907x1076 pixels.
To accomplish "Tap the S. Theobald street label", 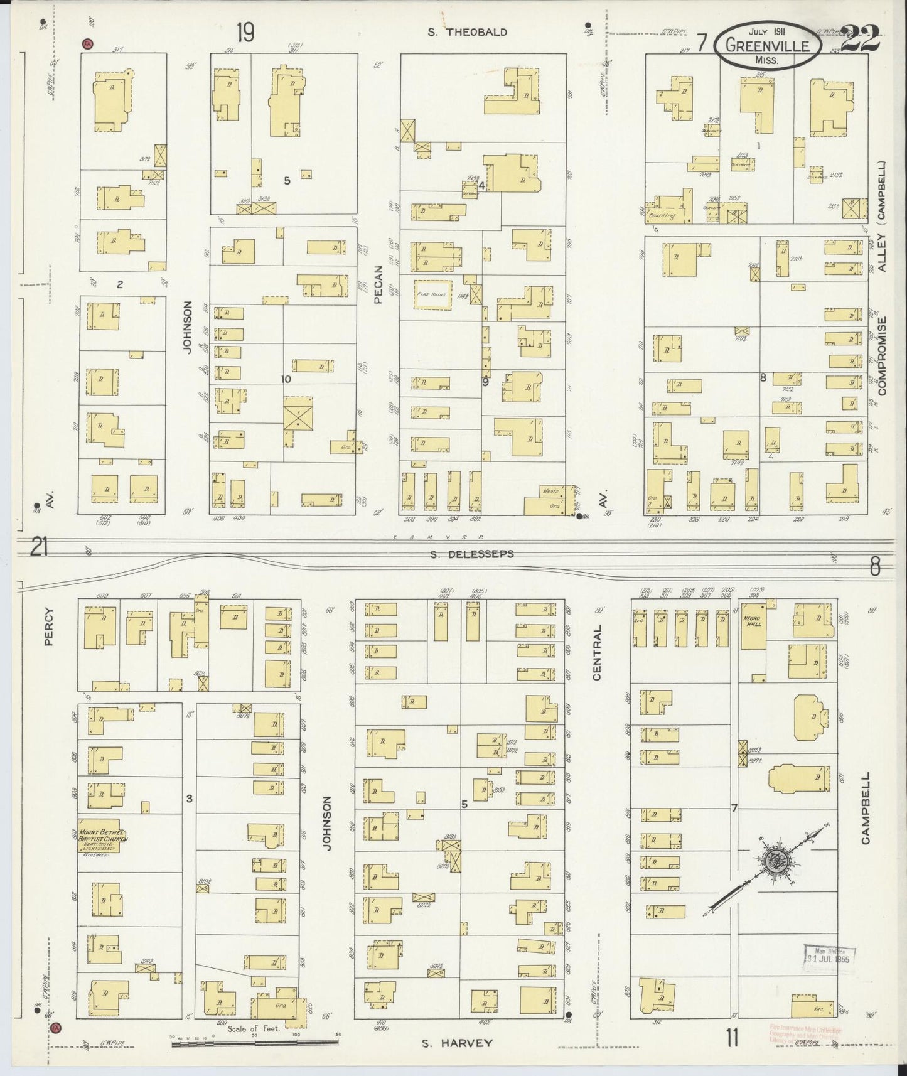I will (467, 32).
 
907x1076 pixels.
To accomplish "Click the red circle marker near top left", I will (87, 43).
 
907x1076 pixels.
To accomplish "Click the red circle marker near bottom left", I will (55, 1027).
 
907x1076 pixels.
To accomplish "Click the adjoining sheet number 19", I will (245, 33).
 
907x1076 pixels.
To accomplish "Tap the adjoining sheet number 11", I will (731, 1039).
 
